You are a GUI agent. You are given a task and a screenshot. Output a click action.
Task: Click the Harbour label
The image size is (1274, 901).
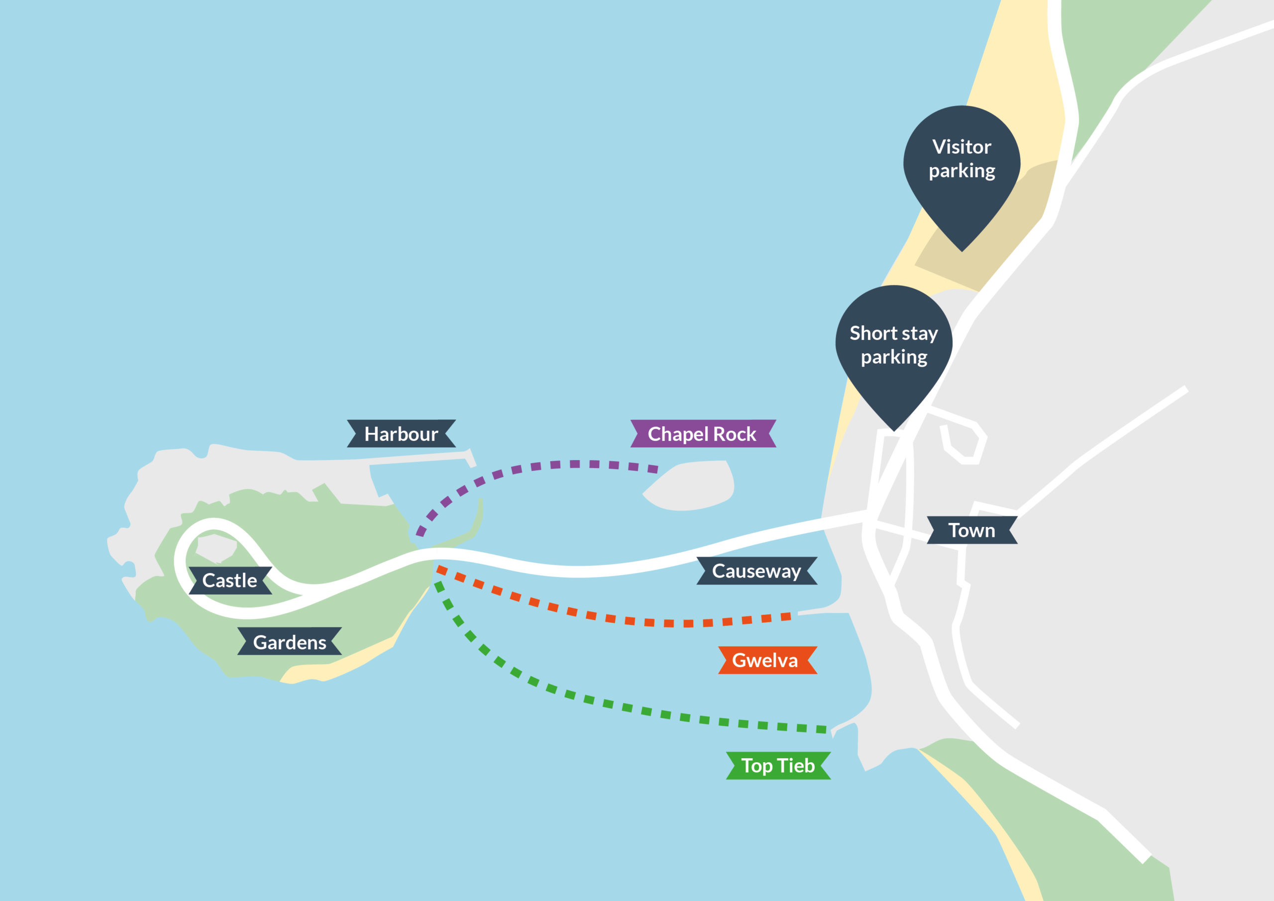pyautogui.click(x=401, y=434)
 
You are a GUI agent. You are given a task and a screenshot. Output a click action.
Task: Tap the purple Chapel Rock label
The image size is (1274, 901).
pyautogui.click(x=703, y=434)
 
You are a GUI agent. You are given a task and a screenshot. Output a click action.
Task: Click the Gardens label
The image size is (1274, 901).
pyautogui.click(x=290, y=642)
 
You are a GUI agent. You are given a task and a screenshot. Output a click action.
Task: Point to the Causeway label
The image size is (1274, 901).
pyautogui.click(x=756, y=571)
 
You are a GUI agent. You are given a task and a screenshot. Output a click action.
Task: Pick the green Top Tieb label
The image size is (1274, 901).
pyautogui.click(x=778, y=766)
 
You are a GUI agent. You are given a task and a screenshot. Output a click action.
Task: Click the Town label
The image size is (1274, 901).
pyautogui.click(x=971, y=530)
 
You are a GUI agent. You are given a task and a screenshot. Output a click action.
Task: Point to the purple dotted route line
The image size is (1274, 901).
pyautogui.click(x=555, y=465)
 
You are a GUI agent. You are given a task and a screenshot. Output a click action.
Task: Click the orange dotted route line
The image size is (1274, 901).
pyautogui.click(x=610, y=618)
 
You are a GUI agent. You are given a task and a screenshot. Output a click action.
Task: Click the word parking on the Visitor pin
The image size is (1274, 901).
pyautogui.click(x=961, y=171)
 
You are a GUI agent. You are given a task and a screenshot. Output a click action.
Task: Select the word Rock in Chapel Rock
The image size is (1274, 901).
pyautogui.click(x=735, y=434)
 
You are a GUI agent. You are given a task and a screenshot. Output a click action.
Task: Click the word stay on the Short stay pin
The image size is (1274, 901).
pyautogui.click(x=920, y=333)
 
